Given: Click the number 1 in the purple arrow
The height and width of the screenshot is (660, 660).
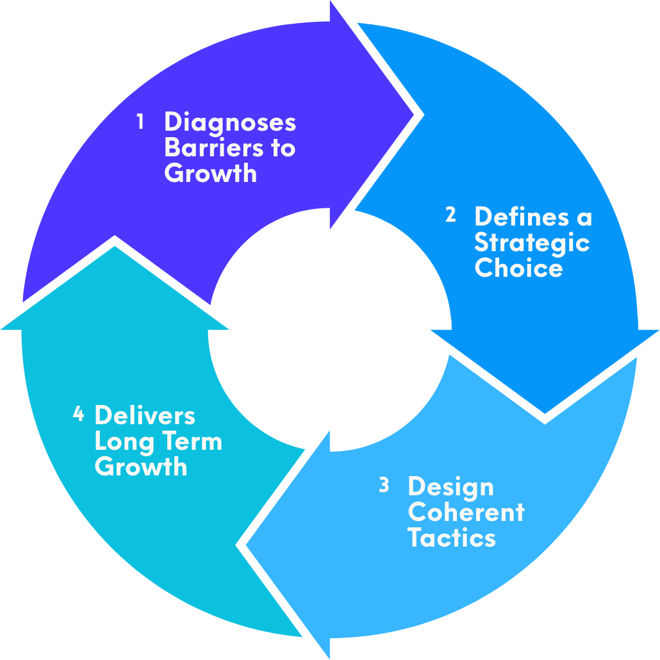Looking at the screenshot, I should coord(140,122).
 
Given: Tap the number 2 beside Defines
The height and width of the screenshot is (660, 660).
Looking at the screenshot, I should coord(450,216).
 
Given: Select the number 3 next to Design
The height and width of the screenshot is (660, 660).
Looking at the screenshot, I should coord(384,486).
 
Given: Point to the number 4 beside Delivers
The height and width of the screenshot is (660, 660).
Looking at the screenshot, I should coord(78,415).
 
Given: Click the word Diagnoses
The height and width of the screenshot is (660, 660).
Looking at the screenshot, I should coord(229,123).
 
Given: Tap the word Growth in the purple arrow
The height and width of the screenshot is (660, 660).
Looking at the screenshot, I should coord(210,174).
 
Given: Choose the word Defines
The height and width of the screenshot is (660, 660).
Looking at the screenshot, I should coord(522,217).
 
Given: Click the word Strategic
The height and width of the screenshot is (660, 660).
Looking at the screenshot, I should coord(532,243).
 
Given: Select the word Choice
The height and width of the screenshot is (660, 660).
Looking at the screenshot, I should coord(518,268).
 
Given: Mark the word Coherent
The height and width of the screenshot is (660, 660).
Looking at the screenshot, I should coord(466,513).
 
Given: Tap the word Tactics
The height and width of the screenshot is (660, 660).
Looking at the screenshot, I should coord(451,538).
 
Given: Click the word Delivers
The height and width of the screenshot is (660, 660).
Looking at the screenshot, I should coord(144,416).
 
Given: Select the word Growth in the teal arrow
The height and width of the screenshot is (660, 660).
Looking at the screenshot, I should coord(141,467).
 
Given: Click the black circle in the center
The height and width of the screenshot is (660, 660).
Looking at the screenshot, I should coord(330,330).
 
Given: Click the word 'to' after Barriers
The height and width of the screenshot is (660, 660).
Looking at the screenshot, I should coord(281,148).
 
